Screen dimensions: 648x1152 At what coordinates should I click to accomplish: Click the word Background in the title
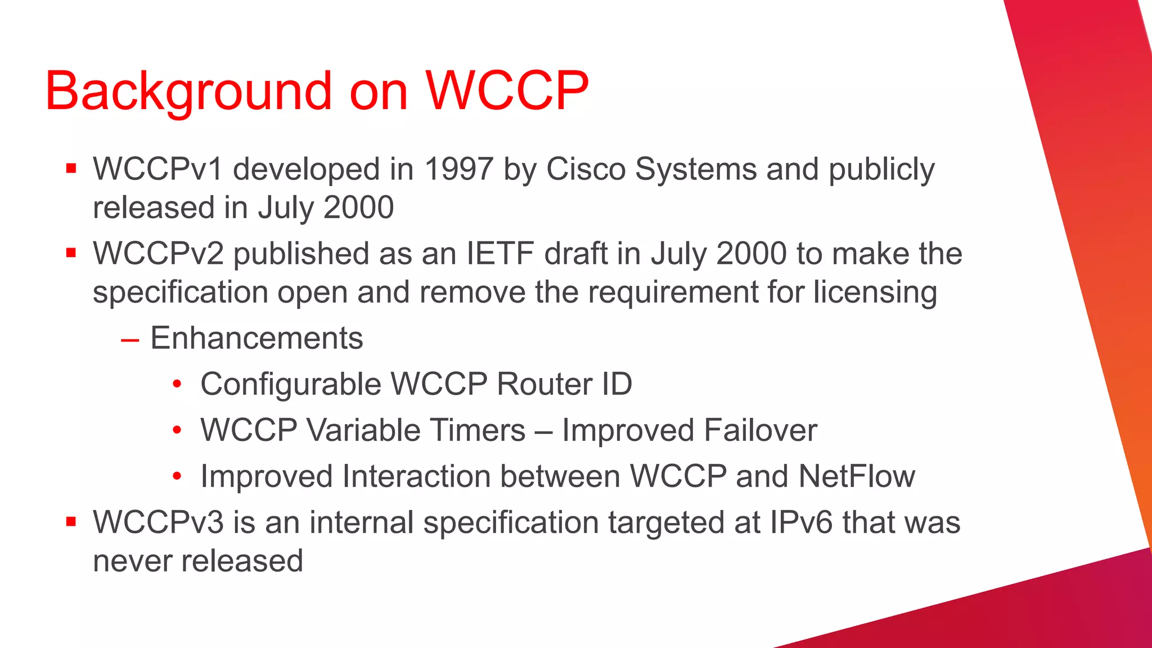click(x=188, y=91)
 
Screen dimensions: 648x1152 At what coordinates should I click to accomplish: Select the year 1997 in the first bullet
click(x=459, y=169)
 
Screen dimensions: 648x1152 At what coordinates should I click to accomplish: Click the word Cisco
click(x=586, y=169)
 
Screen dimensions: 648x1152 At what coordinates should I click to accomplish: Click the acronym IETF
click(x=500, y=253)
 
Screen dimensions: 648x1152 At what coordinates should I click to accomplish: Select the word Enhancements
click(x=256, y=338)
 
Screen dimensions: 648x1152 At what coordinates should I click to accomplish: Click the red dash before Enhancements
click(x=130, y=340)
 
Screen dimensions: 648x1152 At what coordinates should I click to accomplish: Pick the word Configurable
click(x=291, y=384)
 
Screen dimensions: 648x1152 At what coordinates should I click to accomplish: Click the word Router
click(x=544, y=384)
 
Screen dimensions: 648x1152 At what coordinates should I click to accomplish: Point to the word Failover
click(x=760, y=430)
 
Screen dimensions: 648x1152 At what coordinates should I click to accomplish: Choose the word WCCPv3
click(x=158, y=522)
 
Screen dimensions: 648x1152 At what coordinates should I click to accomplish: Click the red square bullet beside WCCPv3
click(x=71, y=521)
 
